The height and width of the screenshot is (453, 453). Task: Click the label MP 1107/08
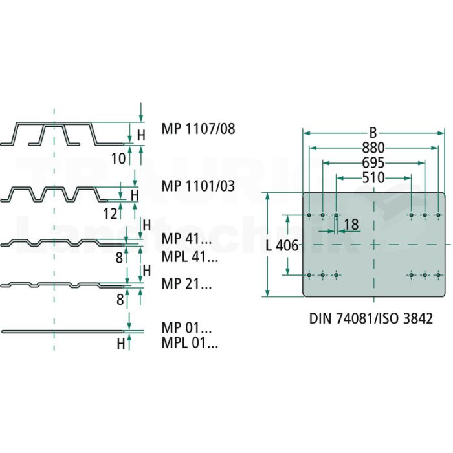[x=198, y=129]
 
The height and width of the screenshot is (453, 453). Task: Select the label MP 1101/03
[x=198, y=186]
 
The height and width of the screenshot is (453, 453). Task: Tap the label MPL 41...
[x=190, y=256]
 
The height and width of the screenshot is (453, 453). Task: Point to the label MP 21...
[x=186, y=283]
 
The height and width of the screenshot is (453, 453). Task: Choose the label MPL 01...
[x=190, y=342]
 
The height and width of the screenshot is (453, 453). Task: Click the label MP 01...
[x=186, y=327]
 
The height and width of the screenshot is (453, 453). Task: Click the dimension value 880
[x=373, y=148]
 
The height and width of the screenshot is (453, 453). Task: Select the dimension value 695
[x=373, y=163]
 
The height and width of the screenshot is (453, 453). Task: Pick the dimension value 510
[x=373, y=178]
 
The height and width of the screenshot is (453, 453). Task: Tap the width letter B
[x=373, y=133]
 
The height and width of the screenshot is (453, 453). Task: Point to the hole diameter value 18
[x=351, y=225]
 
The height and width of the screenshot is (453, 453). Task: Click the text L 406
[x=282, y=245]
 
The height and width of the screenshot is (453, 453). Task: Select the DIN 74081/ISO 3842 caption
[x=371, y=318]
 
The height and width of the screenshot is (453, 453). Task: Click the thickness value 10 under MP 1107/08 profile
[x=118, y=159]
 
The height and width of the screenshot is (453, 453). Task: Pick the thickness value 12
[x=111, y=214]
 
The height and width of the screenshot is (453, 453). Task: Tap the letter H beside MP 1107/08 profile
[x=141, y=135]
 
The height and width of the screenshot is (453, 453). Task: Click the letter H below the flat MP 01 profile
[x=121, y=344]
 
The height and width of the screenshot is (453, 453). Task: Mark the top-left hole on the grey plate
[x=309, y=215]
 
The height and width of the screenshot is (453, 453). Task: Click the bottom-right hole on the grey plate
[x=438, y=275]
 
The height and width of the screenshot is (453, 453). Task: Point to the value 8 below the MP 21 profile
[x=120, y=300]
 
